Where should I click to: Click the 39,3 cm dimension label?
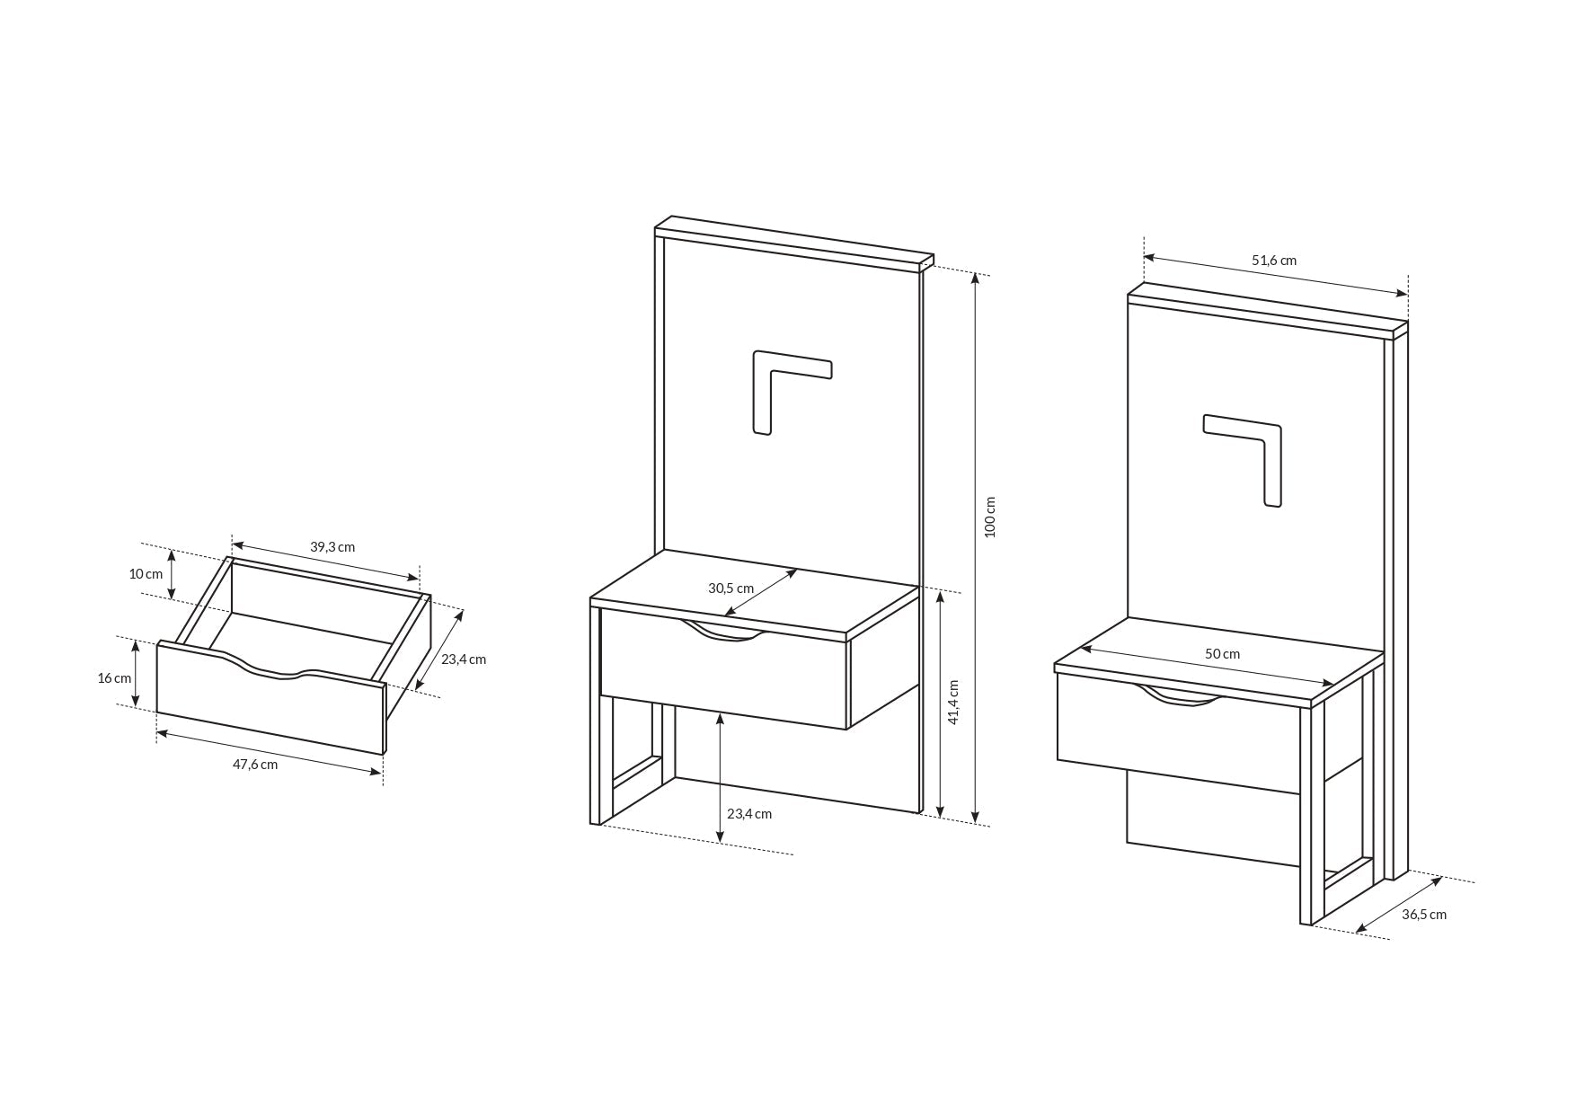point(332,546)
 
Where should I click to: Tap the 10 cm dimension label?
point(146,574)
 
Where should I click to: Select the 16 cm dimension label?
point(114,678)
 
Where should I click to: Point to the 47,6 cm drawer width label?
point(255,765)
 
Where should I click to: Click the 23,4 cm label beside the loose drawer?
point(464,659)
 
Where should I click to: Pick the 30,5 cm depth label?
point(730,588)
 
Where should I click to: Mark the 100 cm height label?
point(990,517)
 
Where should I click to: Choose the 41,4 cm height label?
point(953,702)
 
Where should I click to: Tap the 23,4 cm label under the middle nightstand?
point(749,814)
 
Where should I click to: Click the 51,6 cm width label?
point(1274,261)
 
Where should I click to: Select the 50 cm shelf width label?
point(1222,654)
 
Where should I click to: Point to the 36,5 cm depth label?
point(1424,915)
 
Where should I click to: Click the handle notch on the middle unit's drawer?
point(724,633)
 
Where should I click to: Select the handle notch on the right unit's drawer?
point(1180,695)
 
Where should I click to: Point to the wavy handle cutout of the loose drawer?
point(274,670)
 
